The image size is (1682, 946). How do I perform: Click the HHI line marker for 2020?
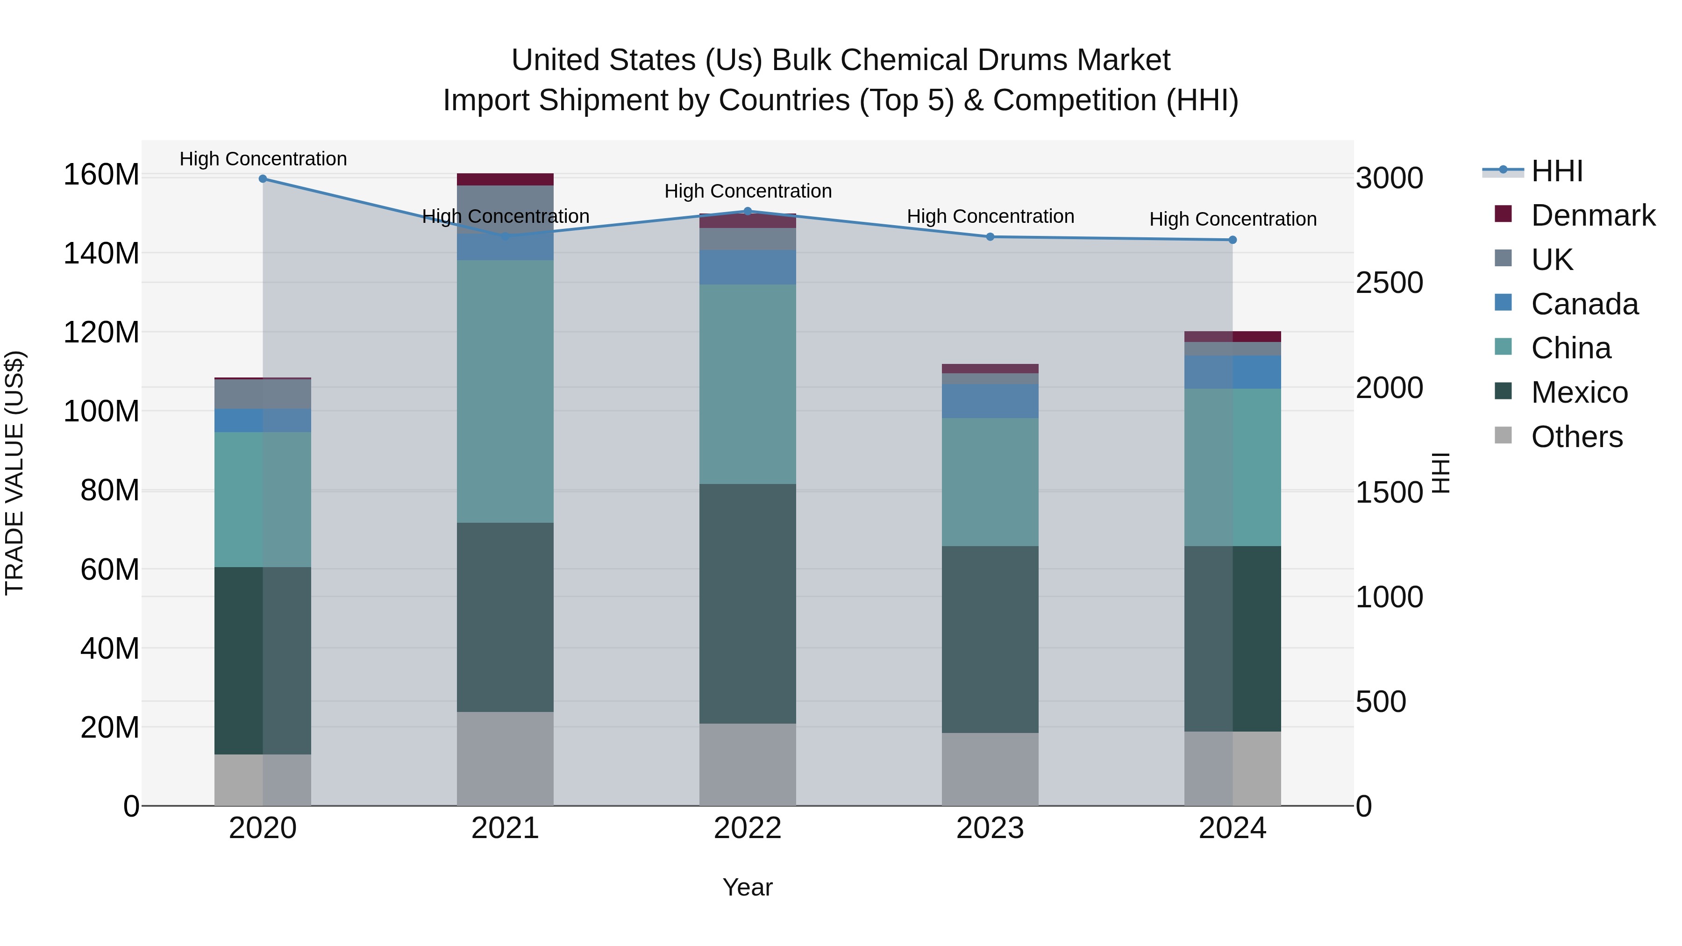pyautogui.click(x=263, y=179)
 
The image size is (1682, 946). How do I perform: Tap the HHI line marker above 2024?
pyautogui.click(x=1232, y=240)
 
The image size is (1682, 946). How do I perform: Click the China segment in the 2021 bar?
pyautogui.click(x=505, y=392)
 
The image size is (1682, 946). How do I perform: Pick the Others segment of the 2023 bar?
pyautogui.click(x=990, y=769)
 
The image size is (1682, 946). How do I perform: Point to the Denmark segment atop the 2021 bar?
pyautogui.click(x=505, y=179)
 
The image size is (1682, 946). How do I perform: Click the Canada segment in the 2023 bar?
pyautogui.click(x=990, y=401)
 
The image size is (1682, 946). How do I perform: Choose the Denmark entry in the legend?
pyautogui.click(x=1593, y=215)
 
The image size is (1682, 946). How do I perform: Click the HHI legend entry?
pyautogui.click(x=1557, y=171)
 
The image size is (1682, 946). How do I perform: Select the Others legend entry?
pyautogui.click(x=1576, y=437)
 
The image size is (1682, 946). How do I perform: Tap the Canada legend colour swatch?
pyautogui.click(x=1503, y=303)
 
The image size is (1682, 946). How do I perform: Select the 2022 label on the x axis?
pyautogui.click(x=748, y=828)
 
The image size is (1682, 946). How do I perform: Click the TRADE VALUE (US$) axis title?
pyautogui.click(x=15, y=473)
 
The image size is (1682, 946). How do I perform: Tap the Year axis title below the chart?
pyautogui.click(x=748, y=887)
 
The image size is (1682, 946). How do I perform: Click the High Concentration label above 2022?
pyautogui.click(x=748, y=191)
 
